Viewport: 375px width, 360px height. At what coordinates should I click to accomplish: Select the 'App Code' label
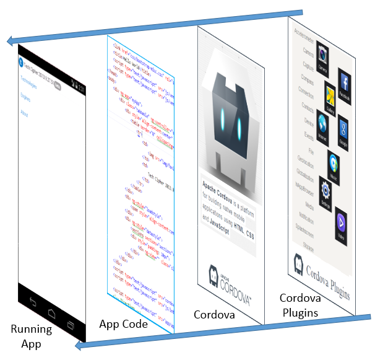pos(123,323)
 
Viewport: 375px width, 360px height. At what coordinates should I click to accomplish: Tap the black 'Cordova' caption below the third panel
pos(215,315)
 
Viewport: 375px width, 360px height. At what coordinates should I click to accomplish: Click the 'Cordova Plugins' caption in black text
pos(300,305)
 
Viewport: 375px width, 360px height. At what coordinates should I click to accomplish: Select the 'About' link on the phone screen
pos(25,113)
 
